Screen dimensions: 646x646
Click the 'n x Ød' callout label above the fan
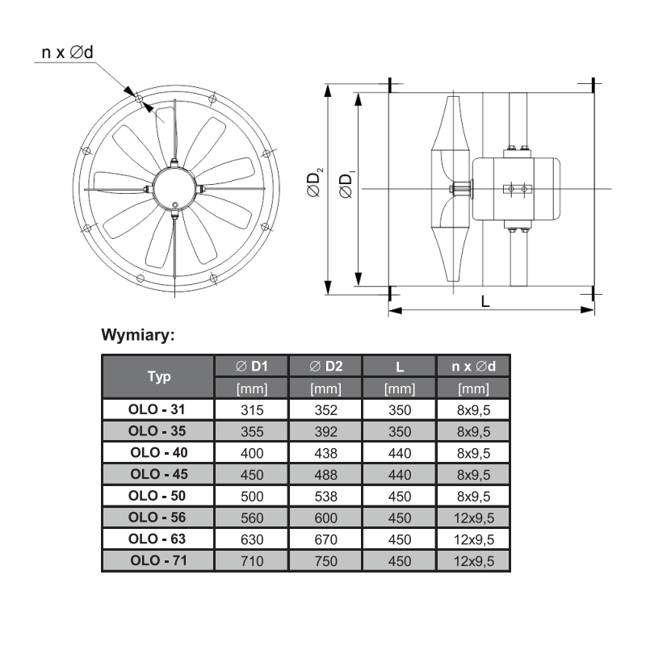point(68,52)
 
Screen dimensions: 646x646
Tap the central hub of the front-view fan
point(174,189)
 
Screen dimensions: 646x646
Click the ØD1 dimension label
point(347,185)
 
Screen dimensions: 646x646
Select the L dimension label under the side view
point(485,302)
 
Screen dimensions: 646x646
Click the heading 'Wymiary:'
point(138,334)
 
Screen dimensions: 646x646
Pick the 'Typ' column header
point(159,376)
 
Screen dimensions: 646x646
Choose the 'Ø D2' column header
point(326,367)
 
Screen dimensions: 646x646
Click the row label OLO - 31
point(157,409)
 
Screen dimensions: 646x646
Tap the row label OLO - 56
point(157,518)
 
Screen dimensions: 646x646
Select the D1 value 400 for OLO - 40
point(252,453)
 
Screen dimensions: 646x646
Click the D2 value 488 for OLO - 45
point(326,475)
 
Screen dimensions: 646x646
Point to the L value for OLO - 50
point(400,497)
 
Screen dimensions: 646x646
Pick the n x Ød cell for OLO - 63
point(474,539)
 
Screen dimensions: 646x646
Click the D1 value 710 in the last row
point(252,561)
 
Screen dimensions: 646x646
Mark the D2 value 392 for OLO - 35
point(326,432)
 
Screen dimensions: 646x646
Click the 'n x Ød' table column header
point(474,367)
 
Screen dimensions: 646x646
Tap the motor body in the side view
point(516,189)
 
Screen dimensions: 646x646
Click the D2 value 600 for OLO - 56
point(326,518)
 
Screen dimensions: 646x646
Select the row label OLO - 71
point(158,560)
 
